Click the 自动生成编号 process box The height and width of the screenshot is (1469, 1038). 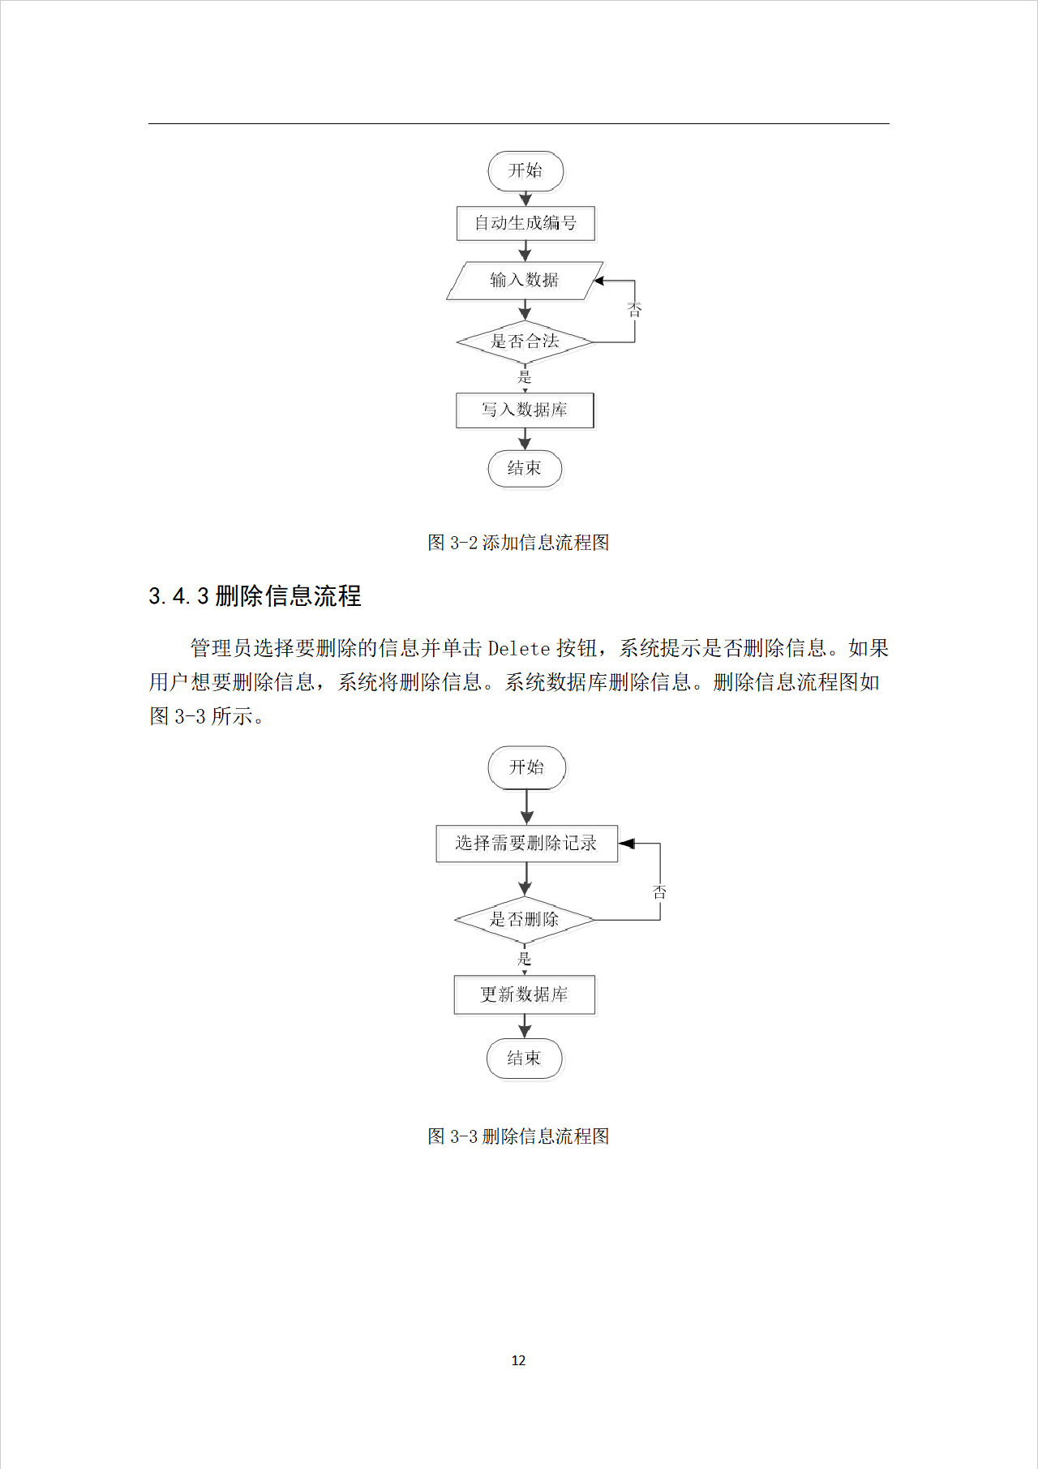(x=525, y=223)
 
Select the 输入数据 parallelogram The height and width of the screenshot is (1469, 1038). (x=525, y=281)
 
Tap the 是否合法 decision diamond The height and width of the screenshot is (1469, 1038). (x=525, y=341)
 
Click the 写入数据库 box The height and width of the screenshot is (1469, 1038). (x=525, y=410)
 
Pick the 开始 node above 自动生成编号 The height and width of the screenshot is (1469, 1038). (x=525, y=171)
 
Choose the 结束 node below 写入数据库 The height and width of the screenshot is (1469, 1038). (x=525, y=469)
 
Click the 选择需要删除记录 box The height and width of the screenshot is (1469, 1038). (x=526, y=844)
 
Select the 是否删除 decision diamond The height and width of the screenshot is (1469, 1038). (x=525, y=920)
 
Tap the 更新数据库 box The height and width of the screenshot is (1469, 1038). (x=525, y=994)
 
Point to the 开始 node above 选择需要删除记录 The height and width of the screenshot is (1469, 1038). (x=526, y=767)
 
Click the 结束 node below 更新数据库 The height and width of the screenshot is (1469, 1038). (x=524, y=1059)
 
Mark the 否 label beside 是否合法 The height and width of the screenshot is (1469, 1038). (x=635, y=310)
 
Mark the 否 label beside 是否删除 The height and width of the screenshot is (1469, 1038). (x=660, y=892)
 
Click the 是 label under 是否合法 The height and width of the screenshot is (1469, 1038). (x=525, y=377)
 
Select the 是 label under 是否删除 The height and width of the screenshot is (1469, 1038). (x=525, y=960)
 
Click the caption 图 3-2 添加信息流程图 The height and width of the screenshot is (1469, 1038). (x=518, y=543)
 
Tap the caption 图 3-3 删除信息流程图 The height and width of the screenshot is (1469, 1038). (x=518, y=1136)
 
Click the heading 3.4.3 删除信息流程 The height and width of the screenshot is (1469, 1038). (x=255, y=596)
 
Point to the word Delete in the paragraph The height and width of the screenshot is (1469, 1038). (x=519, y=648)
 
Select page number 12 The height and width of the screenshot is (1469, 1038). (x=519, y=1360)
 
